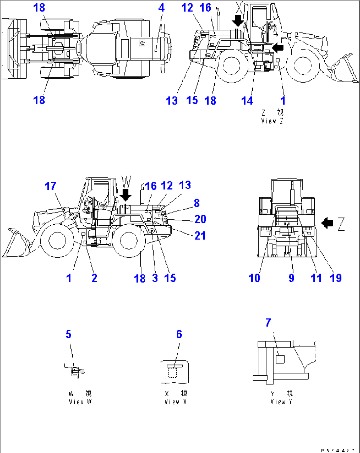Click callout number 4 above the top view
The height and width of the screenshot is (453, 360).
pos(161,8)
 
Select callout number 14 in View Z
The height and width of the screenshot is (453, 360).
pos(247,100)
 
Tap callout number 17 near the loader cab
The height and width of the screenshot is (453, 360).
pos(51,186)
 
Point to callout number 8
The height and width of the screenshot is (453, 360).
pos(197,203)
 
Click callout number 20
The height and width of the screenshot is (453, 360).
pos(200,219)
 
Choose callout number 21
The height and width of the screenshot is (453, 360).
pos(200,236)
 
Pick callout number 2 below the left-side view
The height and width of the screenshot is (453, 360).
pos(94,278)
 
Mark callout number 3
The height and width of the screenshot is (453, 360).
pos(155,278)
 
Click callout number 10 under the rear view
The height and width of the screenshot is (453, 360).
pos(254,278)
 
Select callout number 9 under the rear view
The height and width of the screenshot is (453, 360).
pos(291,278)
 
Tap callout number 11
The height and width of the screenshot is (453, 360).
pos(316,278)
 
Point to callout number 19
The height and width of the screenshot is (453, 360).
pos(336,278)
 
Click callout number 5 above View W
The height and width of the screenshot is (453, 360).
pos(68,334)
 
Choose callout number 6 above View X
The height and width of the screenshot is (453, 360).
pos(179,334)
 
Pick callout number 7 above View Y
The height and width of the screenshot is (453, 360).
pos(268,322)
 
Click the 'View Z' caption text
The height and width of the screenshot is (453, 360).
pos(272,121)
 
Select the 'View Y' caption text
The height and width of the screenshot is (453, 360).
pos(281,401)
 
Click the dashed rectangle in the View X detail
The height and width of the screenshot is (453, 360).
pos(172,373)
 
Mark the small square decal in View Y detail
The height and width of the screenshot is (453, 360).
pos(280,359)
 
